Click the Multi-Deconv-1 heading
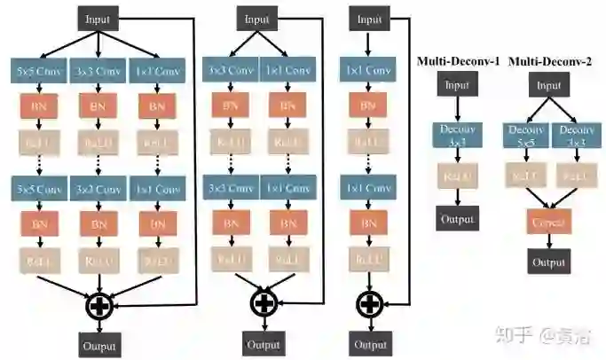coord(459,61)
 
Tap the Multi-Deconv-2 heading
coord(548,61)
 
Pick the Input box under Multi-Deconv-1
coord(457,86)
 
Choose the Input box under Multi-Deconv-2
coord(548,86)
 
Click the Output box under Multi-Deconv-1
coord(457,218)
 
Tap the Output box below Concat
coord(548,262)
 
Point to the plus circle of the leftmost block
coord(98,306)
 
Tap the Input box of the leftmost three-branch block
coord(98,20)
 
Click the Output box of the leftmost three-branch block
coord(98,345)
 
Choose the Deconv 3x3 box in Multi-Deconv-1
coord(457,134)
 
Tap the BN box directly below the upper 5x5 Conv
coord(38,107)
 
